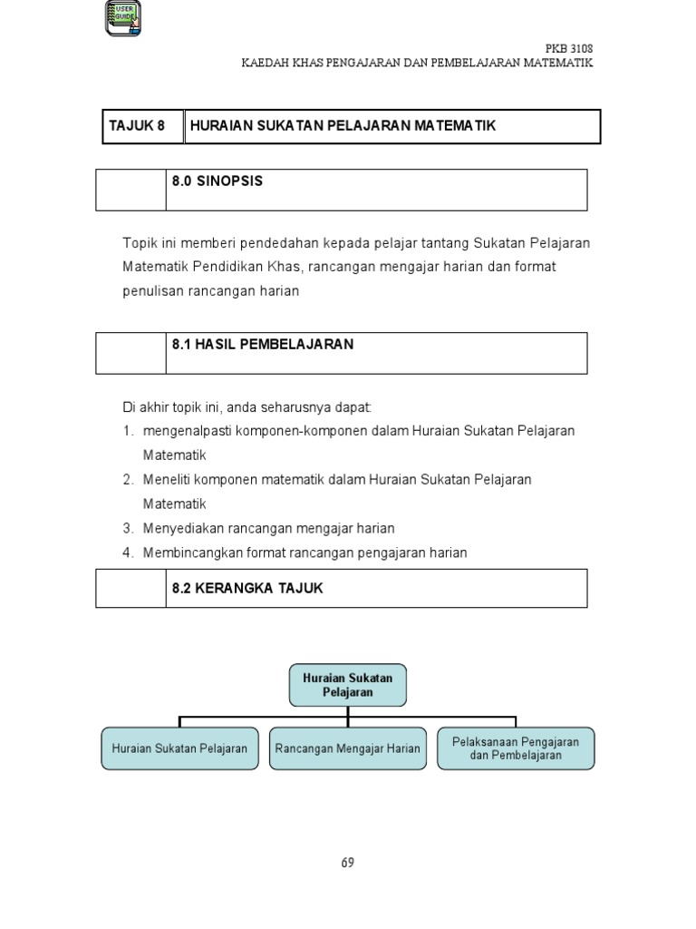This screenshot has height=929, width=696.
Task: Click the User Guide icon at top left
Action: (122, 19)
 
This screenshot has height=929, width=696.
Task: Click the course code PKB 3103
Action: (568, 48)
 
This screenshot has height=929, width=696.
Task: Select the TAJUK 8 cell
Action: (137, 126)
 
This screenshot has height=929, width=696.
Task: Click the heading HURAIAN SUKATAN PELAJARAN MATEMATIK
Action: (343, 126)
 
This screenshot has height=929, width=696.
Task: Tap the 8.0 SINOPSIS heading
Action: (217, 181)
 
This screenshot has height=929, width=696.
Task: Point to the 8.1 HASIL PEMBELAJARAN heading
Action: (263, 345)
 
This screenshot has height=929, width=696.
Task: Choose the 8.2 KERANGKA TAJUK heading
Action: (247, 589)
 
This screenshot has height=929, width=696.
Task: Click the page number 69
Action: (347, 863)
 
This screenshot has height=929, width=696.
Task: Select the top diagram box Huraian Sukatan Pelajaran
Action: (347, 685)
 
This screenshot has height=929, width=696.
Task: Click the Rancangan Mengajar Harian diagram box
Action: (347, 749)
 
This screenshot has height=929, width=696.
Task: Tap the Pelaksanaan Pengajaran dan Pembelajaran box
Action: (516, 748)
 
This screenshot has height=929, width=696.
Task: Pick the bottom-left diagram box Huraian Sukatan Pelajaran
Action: (179, 749)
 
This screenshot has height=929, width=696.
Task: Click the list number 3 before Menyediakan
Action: (128, 528)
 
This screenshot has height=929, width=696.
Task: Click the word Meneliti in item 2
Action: (166, 479)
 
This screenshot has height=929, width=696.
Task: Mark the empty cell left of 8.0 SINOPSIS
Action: (131, 190)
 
